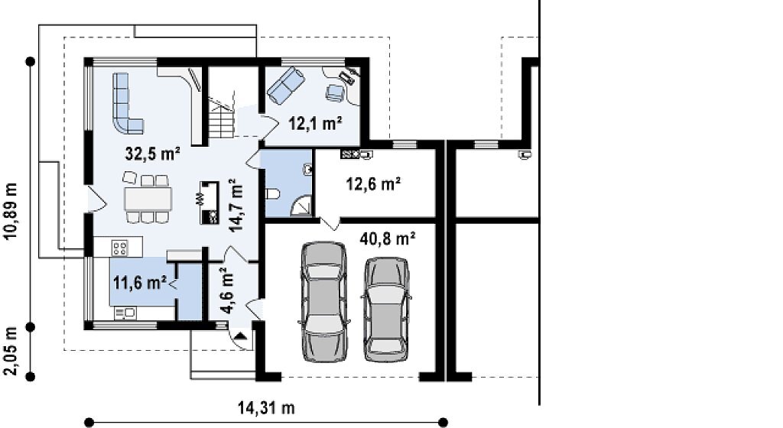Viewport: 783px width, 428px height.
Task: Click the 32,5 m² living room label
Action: click(152, 153)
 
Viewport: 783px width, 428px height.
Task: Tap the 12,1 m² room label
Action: click(315, 123)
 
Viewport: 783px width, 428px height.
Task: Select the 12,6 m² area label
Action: click(373, 184)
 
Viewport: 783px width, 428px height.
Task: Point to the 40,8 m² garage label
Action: click(388, 239)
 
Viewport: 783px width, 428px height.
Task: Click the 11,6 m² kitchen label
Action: click(140, 283)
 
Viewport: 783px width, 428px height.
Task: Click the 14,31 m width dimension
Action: click(265, 408)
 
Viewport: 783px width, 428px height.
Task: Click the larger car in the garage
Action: click(323, 301)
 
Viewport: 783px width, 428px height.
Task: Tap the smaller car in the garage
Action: click(385, 309)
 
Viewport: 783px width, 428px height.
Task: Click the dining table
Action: click(148, 199)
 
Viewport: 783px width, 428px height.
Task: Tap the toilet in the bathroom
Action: click(274, 194)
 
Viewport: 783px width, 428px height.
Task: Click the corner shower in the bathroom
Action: click(301, 206)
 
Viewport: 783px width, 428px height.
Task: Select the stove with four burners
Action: click(120, 247)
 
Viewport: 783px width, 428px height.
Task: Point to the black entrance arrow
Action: click(240, 336)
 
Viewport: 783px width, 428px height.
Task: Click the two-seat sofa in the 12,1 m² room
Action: click(286, 86)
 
